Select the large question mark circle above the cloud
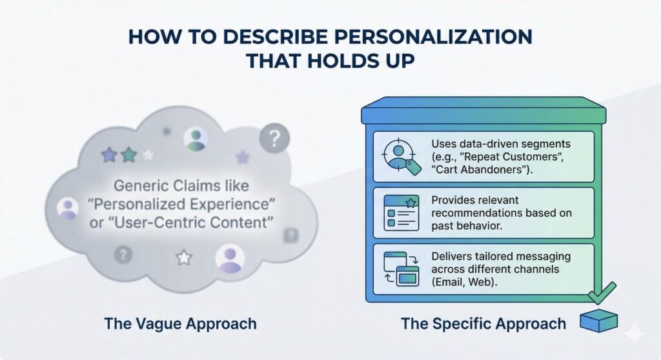point(275,137)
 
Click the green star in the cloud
point(129,155)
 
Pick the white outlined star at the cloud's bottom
point(184,258)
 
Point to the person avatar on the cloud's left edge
point(68,208)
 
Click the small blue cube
point(598,321)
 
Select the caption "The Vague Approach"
point(180,323)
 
